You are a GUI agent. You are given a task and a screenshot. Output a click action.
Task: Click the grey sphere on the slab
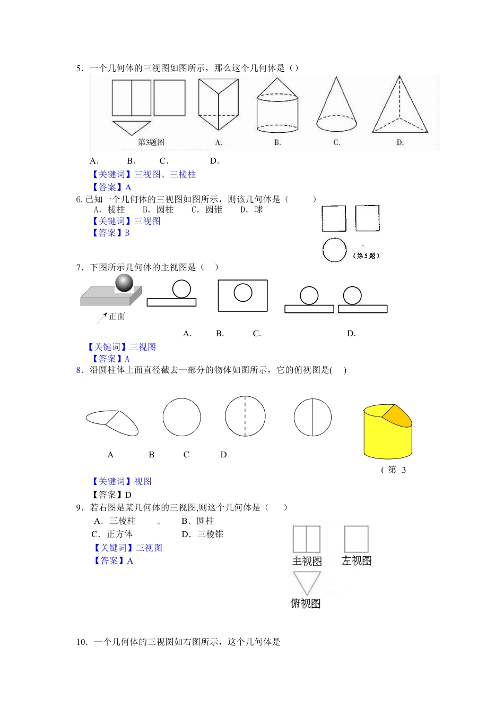(124, 283)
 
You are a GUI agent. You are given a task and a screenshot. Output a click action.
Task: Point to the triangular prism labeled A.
(218, 104)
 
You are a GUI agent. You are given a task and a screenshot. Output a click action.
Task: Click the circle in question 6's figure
(335, 250)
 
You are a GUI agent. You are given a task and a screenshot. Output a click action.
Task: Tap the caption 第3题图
(151, 142)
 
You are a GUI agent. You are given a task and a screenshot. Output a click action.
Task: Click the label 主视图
(307, 562)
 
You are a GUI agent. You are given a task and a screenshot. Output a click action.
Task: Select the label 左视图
(357, 561)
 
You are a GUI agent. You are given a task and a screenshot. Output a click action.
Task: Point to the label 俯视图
(306, 603)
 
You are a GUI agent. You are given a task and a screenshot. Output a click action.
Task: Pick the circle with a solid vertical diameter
(312, 417)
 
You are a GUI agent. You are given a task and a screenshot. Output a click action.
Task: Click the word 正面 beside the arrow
(117, 317)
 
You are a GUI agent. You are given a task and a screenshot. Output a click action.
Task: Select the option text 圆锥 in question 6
(214, 210)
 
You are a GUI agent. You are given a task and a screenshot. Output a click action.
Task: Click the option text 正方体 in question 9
(120, 534)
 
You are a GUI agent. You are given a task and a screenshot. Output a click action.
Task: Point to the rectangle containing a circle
(242, 295)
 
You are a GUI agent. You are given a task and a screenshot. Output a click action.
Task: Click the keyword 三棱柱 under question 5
(183, 174)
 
